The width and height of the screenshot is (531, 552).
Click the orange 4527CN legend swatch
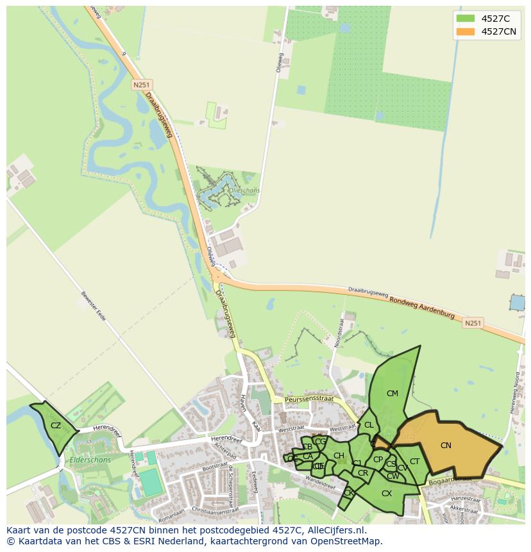(466, 31)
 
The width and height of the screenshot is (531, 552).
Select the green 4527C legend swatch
(466, 19)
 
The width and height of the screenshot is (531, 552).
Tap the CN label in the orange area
(446, 446)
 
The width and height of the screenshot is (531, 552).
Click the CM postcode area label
(392, 394)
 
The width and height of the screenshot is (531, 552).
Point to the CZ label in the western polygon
(56, 426)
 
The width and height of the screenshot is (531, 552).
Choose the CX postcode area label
(387, 494)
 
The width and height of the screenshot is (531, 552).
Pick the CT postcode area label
(414, 462)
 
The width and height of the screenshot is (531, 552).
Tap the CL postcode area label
(369, 425)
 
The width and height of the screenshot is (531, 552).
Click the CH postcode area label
(339, 456)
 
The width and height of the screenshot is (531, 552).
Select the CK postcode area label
(348, 493)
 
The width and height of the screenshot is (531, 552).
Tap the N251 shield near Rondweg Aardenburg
(473, 324)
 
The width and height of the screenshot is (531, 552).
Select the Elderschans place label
(92, 460)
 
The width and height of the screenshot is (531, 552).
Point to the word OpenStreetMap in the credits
(347, 541)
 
